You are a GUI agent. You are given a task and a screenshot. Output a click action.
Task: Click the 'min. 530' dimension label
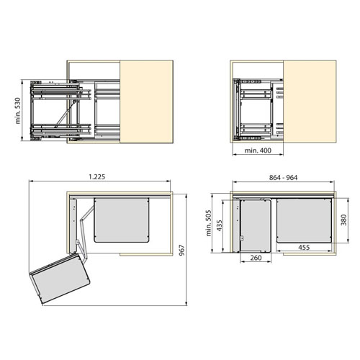pyautogui.click(x=18, y=111)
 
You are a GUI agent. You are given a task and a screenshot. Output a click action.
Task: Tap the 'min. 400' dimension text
pyautogui.click(x=258, y=150)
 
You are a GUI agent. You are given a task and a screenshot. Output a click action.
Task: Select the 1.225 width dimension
pyautogui.click(x=97, y=176)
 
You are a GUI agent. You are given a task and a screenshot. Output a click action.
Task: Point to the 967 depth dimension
pyautogui.click(x=182, y=250)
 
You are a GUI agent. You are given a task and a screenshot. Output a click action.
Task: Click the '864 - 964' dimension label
pyautogui.click(x=283, y=178)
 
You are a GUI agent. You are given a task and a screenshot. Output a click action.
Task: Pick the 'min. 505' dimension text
pyautogui.click(x=209, y=223)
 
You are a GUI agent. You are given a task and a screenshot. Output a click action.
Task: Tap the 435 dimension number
pyautogui.click(x=220, y=225)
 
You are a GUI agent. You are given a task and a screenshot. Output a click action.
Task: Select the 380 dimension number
pyautogui.click(x=344, y=220)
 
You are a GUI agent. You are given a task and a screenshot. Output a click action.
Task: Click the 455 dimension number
pyautogui.click(x=304, y=247)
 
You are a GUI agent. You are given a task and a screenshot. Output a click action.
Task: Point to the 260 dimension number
pyautogui.click(x=256, y=258)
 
